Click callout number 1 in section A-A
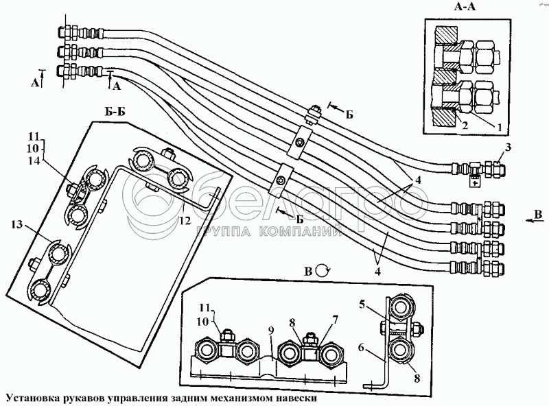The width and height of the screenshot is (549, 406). point(499,127)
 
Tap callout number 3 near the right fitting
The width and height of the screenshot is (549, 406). point(508,147)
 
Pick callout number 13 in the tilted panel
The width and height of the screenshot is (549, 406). point(17,224)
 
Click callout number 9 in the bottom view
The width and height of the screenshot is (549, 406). point(272,330)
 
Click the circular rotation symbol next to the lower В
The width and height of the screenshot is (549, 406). point(322,270)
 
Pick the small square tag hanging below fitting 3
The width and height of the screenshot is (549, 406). point(472,182)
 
